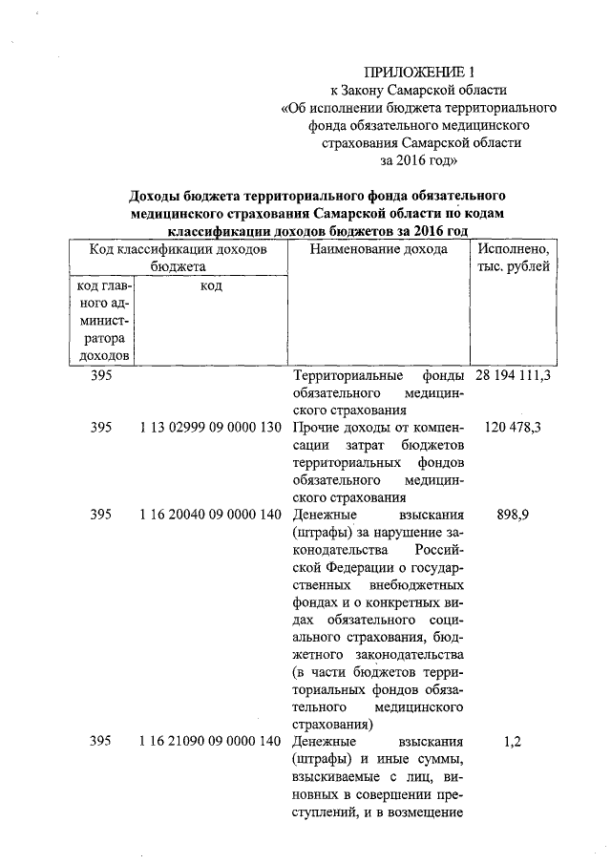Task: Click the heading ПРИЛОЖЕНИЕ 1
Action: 419,72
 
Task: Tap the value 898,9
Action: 513,515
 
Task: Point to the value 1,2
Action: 513,741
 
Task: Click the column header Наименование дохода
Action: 379,249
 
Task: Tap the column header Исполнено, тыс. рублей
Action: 513,258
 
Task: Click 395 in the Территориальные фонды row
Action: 101,376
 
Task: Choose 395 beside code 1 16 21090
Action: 101,741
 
